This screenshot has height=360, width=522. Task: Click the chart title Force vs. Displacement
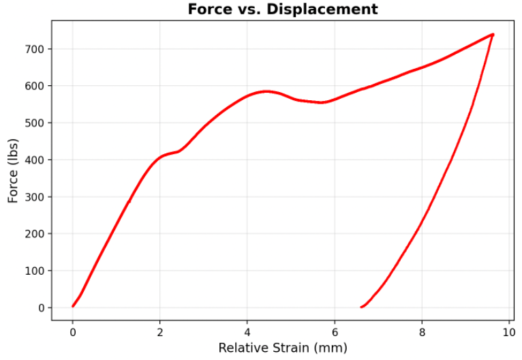[x=282, y=10]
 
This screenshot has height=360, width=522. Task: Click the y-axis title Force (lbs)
[x=13, y=170]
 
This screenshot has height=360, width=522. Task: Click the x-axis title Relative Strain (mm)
[x=282, y=348]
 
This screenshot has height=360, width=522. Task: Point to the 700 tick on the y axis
[x=35, y=49]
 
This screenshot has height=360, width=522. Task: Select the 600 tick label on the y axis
[x=35, y=86]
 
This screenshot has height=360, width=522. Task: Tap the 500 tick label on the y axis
[x=35, y=123]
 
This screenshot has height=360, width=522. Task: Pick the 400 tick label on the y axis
[x=35, y=160]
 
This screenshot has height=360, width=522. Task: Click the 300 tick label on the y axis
[x=35, y=197]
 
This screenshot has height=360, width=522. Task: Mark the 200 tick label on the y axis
[x=35, y=234]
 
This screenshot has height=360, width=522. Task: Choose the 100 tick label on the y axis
[x=35, y=271]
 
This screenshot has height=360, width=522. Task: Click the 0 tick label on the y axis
[x=42, y=307]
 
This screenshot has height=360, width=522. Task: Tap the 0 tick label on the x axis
[x=72, y=332]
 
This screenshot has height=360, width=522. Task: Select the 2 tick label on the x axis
[x=160, y=332]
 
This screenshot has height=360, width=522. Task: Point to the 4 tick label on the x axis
[x=247, y=332]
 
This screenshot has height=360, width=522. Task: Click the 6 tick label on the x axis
[x=335, y=332]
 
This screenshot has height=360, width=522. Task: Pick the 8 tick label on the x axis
[x=422, y=332]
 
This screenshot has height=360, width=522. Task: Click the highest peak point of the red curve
[x=492, y=34]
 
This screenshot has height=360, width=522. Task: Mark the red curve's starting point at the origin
[x=73, y=306]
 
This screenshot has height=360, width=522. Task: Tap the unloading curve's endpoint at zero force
[x=361, y=307]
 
